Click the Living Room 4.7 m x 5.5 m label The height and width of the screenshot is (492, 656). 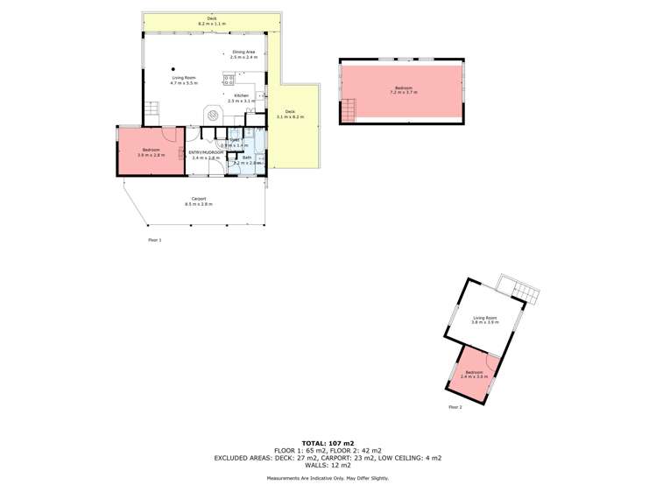[x=184, y=81]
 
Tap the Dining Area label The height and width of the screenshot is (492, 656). [x=243, y=54]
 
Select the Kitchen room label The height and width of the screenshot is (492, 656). [x=241, y=98]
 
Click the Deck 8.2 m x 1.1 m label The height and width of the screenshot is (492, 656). [x=212, y=21]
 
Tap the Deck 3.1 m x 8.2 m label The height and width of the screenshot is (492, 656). [x=291, y=113]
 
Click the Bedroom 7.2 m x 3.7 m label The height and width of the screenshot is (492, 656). [x=402, y=89]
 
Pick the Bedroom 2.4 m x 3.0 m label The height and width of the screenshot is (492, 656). [x=474, y=375]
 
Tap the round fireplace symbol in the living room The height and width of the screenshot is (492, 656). [x=212, y=115]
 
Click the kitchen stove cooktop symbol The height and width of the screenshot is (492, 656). [x=229, y=81]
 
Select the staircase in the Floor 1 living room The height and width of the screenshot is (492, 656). [x=152, y=111]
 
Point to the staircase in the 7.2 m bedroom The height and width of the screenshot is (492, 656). [x=349, y=110]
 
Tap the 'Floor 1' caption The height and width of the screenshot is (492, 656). [x=154, y=239]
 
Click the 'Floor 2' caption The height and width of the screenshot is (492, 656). [x=455, y=407]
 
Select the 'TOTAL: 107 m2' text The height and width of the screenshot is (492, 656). [x=328, y=443]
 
